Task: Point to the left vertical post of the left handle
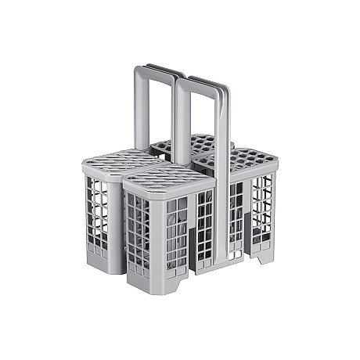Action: click(x=139, y=110)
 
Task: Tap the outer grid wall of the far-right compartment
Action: click(x=262, y=207)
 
